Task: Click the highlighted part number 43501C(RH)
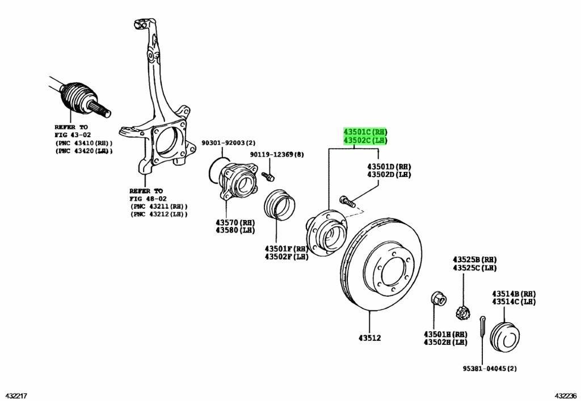pyautogui.click(x=364, y=131)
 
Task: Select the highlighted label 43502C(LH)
pyautogui.click(x=364, y=140)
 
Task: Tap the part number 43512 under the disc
pyautogui.click(x=369, y=338)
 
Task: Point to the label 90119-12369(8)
pyautogui.click(x=277, y=154)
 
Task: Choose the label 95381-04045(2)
pyautogui.click(x=489, y=369)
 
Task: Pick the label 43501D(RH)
pyautogui.click(x=389, y=167)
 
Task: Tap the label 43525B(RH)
pyautogui.click(x=474, y=259)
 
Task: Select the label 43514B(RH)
pyautogui.click(x=513, y=294)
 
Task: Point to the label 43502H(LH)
pyautogui.click(x=445, y=342)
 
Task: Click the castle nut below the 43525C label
pyautogui.click(x=462, y=310)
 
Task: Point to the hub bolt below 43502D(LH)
pyautogui.click(x=347, y=200)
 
